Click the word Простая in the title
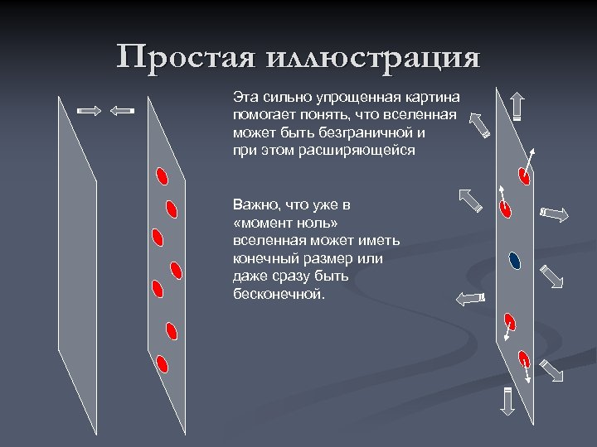(186, 59)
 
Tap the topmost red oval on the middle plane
(163, 175)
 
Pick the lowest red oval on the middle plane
(163, 363)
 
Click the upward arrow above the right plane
(517, 106)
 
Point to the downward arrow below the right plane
(507, 401)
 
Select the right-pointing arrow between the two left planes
(89, 110)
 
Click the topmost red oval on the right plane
(524, 174)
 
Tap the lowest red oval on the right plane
(523, 359)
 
